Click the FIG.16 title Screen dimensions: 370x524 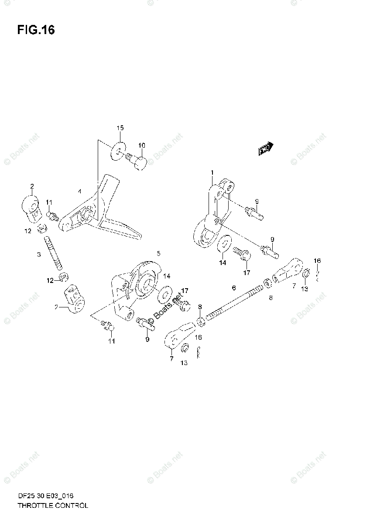point(36,30)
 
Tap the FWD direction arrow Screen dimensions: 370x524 point(265,149)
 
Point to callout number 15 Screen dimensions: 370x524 point(120,128)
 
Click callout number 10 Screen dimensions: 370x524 point(142,145)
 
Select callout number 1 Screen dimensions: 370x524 point(212,172)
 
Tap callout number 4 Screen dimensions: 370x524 point(79,191)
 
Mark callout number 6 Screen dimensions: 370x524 point(234,288)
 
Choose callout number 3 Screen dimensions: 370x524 point(38,254)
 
